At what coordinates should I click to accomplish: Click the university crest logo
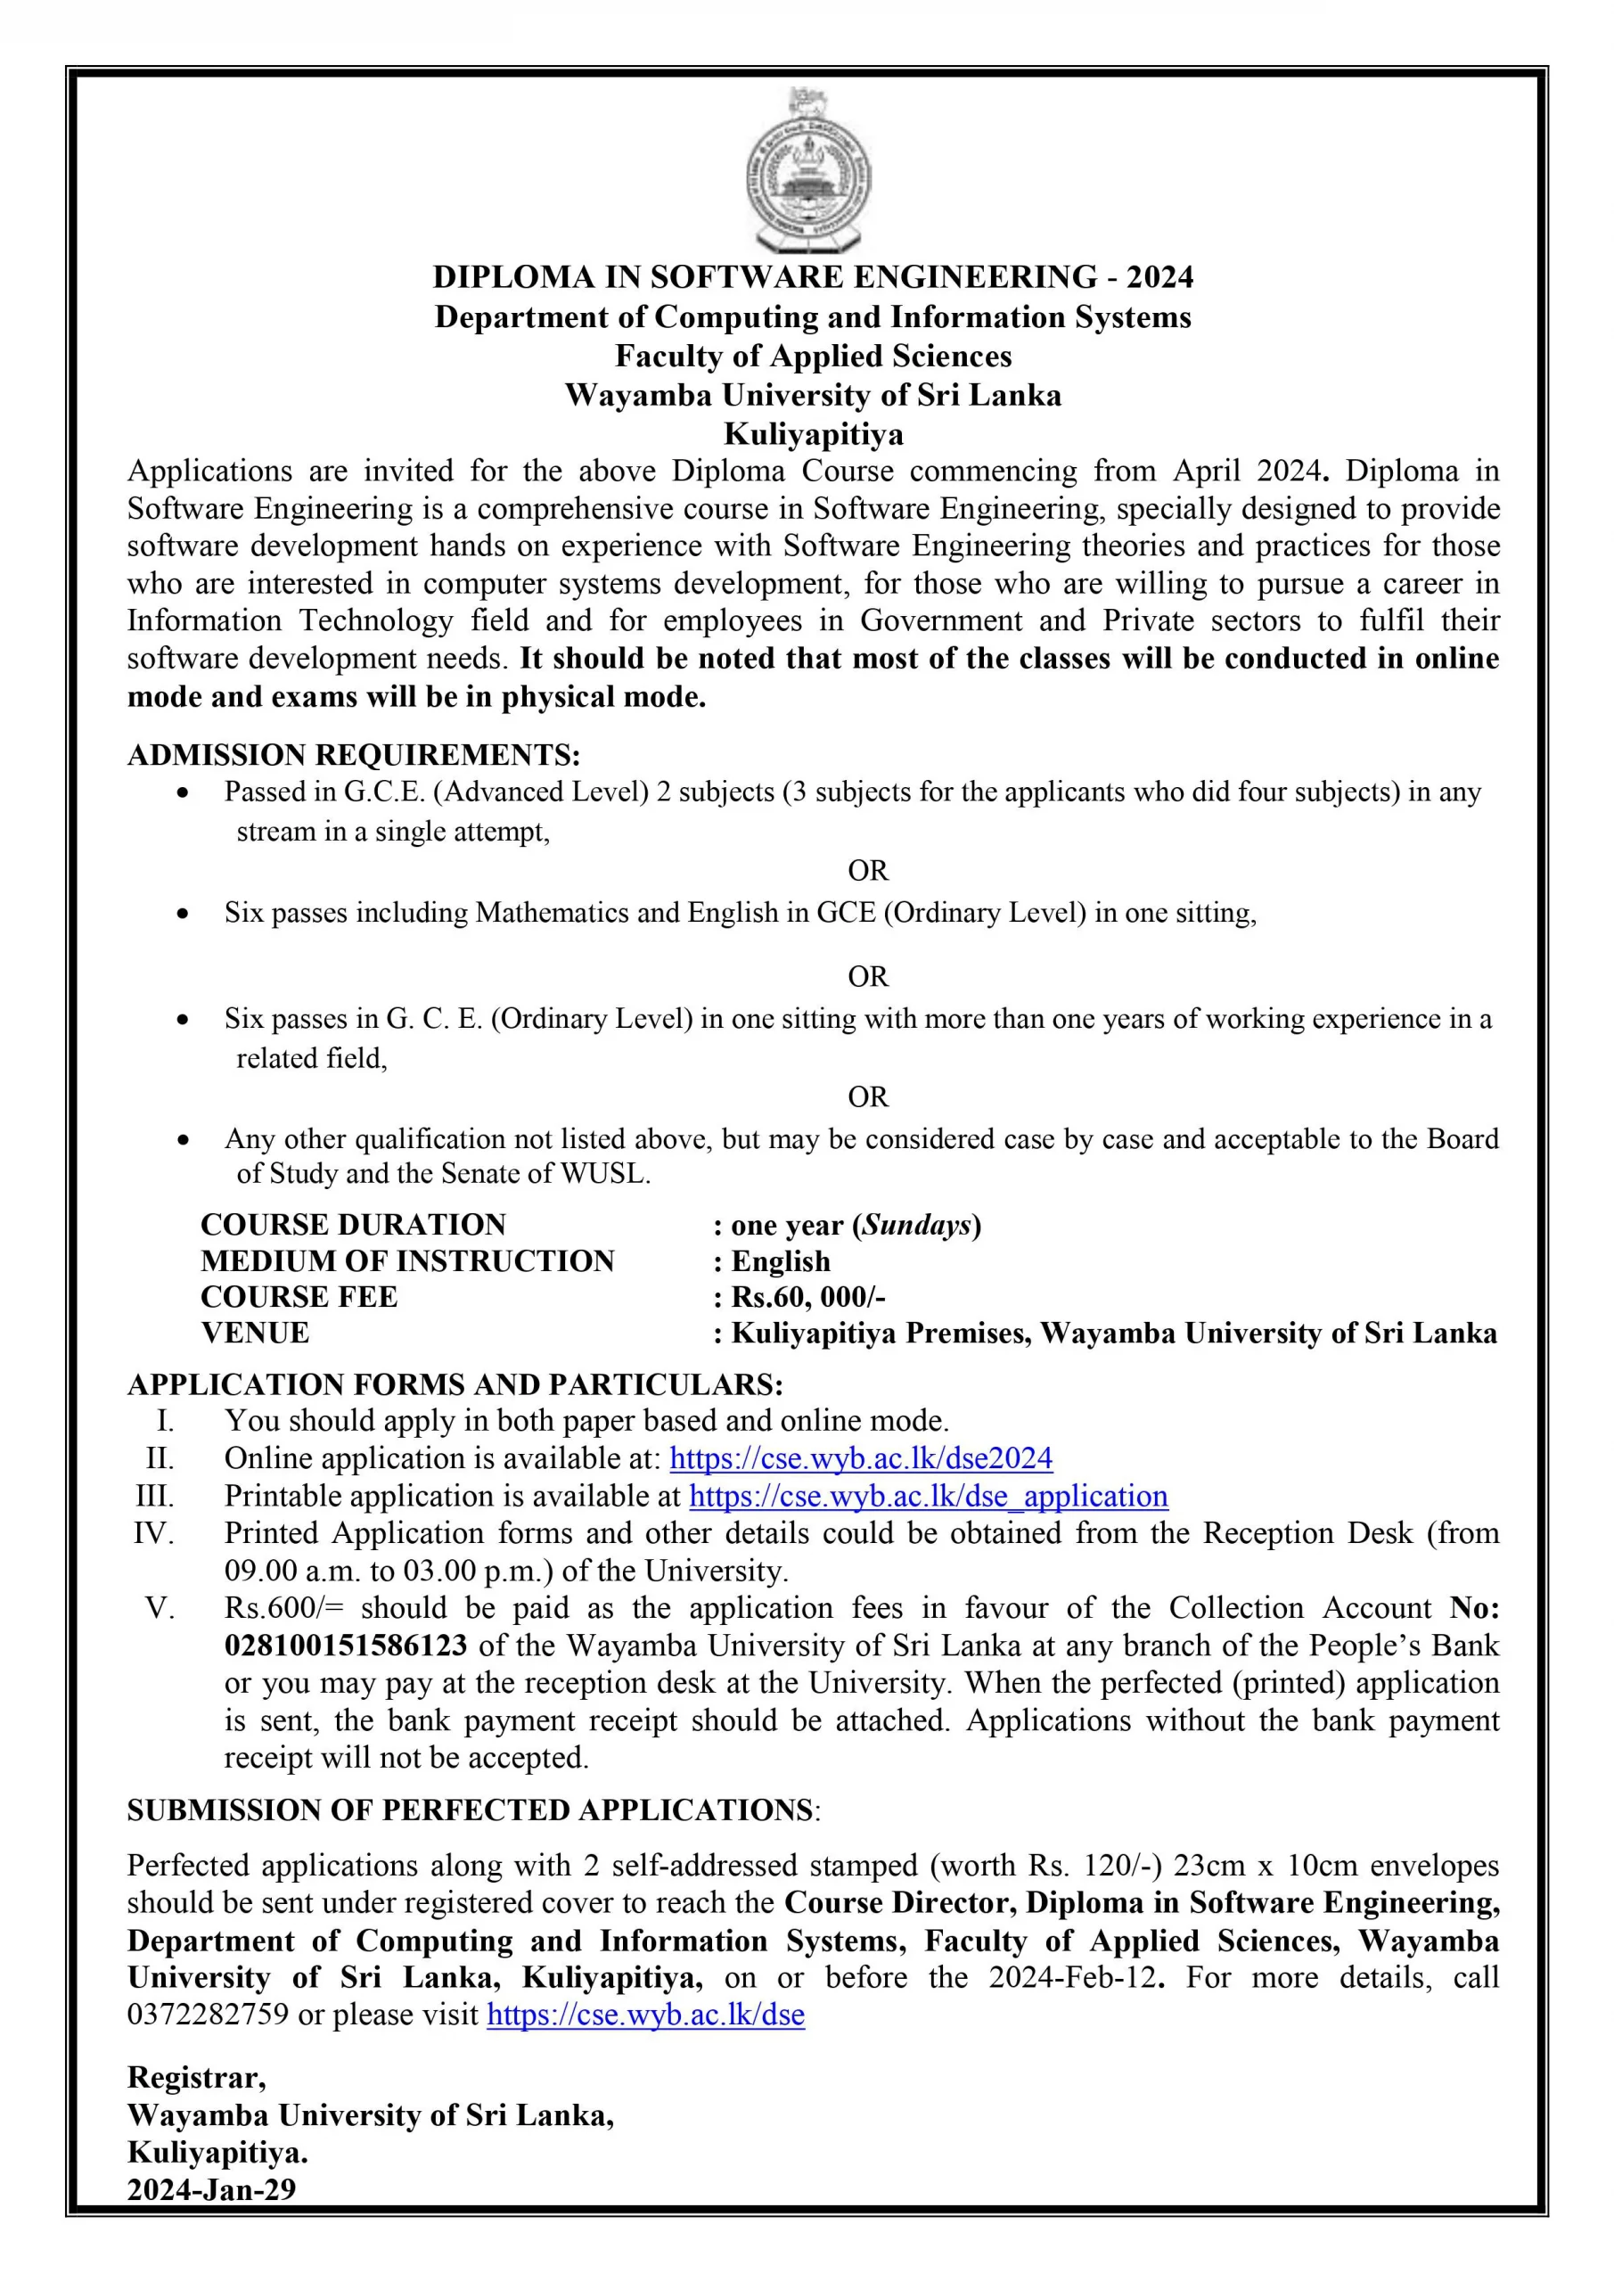(x=809, y=171)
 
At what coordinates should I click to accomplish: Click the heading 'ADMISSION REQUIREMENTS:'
(x=354, y=755)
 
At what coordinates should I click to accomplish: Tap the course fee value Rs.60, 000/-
(x=808, y=1297)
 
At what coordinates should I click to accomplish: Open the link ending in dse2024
(x=861, y=1458)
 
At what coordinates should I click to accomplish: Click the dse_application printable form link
(x=929, y=1496)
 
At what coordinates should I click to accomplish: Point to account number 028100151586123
(x=346, y=1645)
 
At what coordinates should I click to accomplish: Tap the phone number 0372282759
(x=208, y=2015)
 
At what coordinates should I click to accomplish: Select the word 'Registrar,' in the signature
(x=197, y=2077)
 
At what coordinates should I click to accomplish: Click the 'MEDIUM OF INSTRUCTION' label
(x=407, y=1261)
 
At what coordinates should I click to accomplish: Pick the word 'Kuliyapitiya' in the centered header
(x=813, y=434)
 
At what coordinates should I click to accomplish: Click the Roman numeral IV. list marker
(x=154, y=1533)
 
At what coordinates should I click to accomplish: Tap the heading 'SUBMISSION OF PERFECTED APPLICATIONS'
(x=470, y=1810)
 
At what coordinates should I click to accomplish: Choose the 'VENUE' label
(x=256, y=1333)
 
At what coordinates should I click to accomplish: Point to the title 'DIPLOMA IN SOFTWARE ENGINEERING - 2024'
(x=813, y=276)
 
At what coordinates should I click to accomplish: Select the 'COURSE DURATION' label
(x=353, y=1225)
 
